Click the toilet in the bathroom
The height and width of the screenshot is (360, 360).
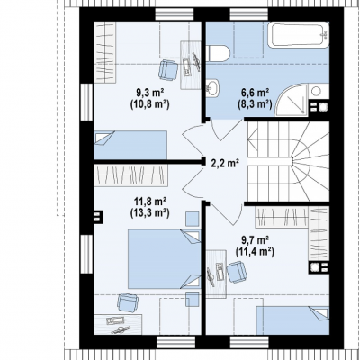pyautogui.click(x=218, y=53)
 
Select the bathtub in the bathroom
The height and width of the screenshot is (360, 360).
pyautogui.click(x=299, y=35)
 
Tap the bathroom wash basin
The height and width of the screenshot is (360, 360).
pyautogui.click(x=212, y=87)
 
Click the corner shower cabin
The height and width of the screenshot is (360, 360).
pyautogui.click(x=292, y=100)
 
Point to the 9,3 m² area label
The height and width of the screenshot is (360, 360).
pyautogui.click(x=149, y=94)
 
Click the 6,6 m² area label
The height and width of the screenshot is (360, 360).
pyautogui.click(x=255, y=94)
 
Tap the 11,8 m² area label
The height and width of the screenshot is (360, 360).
pyautogui.click(x=150, y=202)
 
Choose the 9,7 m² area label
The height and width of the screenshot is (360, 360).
pyautogui.click(x=255, y=240)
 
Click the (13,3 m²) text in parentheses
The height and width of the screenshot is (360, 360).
pyautogui.click(x=150, y=212)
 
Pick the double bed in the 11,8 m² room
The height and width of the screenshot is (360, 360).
pyautogui.click(x=164, y=259)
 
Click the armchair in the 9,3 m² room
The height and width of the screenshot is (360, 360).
pyautogui.click(x=168, y=70)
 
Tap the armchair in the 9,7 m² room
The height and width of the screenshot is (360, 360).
pyautogui.click(x=237, y=272)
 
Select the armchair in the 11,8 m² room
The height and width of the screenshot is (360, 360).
pyautogui.click(x=128, y=302)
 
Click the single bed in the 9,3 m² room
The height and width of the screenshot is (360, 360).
pyautogui.click(x=130, y=145)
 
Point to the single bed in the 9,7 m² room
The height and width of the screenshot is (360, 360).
pyautogui.click(x=292, y=320)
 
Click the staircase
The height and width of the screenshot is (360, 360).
pyautogui.click(x=288, y=161)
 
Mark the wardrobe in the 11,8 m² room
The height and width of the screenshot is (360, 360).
pyautogui.click(x=130, y=175)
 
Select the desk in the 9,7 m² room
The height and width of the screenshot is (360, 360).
pyautogui.click(x=216, y=274)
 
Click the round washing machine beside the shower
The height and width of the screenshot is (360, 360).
pyautogui.click(x=316, y=91)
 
